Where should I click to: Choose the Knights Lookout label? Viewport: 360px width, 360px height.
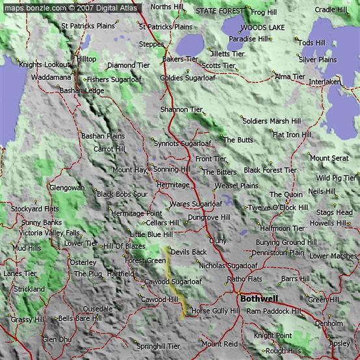(x=44, y=65)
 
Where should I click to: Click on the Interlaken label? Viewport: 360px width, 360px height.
(x=324, y=82)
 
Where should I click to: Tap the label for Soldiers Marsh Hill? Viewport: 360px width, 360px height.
(x=271, y=121)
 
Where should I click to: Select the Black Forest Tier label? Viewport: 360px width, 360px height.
(x=270, y=170)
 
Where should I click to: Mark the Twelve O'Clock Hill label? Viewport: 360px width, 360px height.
(x=277, y=207)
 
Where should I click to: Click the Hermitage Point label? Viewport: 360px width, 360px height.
(x=136, y=213)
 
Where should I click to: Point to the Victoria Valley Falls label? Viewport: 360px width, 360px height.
(x=49, y=233)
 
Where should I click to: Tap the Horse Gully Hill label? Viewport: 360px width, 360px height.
(x=215, y=311)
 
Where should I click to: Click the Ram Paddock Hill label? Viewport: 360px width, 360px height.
(x=274, y=311)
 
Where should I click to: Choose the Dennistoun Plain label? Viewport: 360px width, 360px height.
(x=277, y=252)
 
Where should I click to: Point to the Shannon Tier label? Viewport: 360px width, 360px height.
(x=181, y=110)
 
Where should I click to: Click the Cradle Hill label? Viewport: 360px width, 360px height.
(x=331, y=10)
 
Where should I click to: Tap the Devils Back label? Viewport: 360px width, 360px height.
(x=188, y=251)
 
